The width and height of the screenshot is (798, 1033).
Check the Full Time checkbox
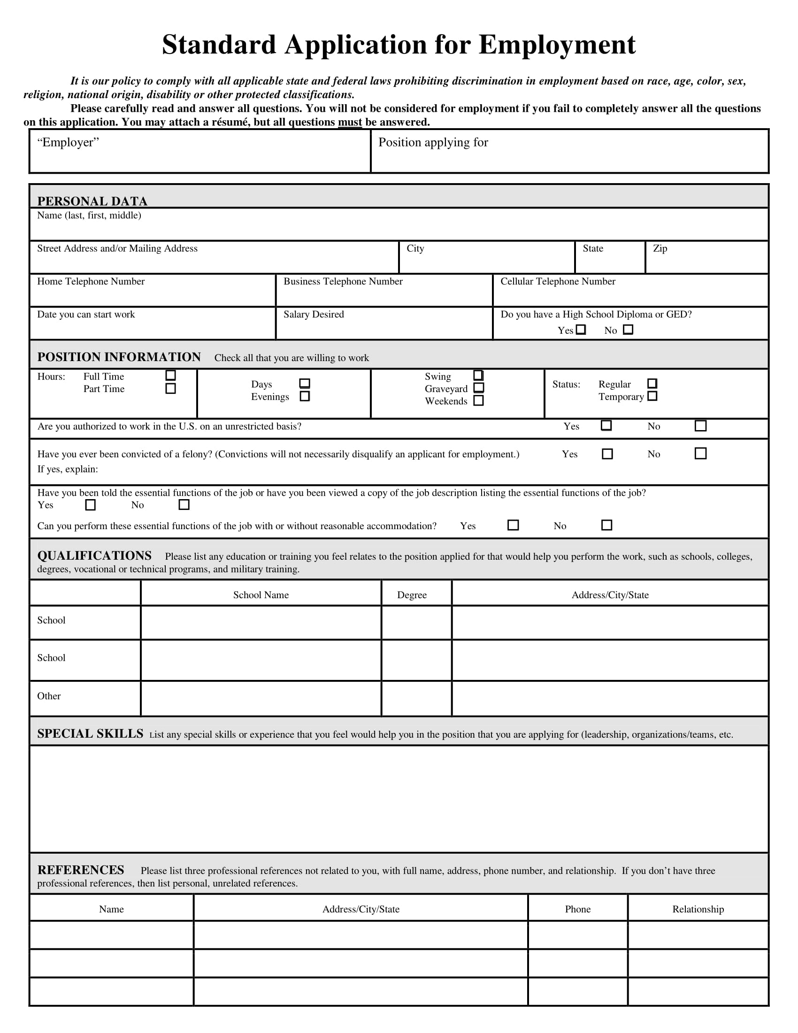click(x=171, y=376)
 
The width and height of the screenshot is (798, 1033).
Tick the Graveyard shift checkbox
click(x=478, y=388)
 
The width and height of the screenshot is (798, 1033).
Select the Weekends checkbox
click(x=478, y=401)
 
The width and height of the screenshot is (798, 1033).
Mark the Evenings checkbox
click(x=305, y=396)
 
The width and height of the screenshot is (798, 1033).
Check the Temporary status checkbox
click(x=652, y=396)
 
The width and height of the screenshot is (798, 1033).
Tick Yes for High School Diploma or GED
click(x=581, y=330)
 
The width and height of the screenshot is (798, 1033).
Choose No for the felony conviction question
click(x=701, y=454)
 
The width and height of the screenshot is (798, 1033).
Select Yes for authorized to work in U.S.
click(x=606, y=426)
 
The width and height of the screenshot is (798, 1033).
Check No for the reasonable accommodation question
click(x=606, y=525)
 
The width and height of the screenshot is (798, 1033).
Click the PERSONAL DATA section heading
click(x=92, y=201)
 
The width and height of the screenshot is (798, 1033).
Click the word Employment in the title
click(x=557, y=45)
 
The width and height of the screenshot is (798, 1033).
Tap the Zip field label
click(x=660, y=248)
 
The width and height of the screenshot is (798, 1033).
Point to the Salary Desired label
click(x=314, y=315)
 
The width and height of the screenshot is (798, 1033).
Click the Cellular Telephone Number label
click(x=558, y=281)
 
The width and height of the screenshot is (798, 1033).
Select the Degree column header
click(x=412, y=595)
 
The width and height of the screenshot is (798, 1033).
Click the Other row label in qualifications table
click(x=49, y=696)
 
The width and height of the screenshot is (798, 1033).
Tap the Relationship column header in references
click(x=698, y=909)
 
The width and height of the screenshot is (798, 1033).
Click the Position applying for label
click(x=433, y=142)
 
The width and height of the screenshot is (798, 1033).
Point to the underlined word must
click(x=350, y=122)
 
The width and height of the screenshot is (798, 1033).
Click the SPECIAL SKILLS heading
click(x=90, y=733)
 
